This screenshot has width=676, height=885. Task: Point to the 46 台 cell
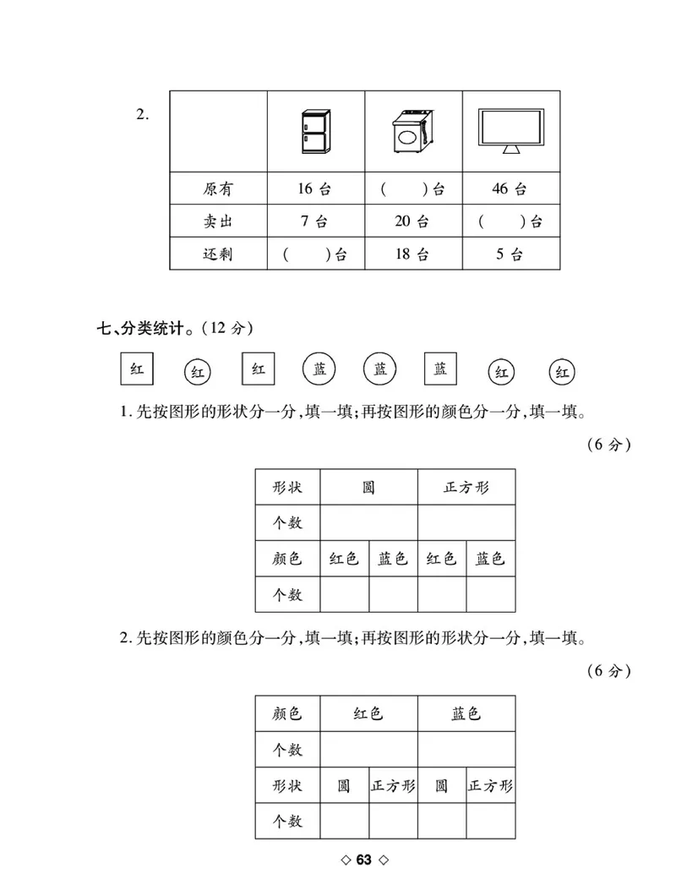click(510, 189)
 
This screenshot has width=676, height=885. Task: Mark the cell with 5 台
click(510, 254)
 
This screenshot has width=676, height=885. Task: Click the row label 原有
click(218, 189)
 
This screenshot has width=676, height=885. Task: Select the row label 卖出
click(218, 222)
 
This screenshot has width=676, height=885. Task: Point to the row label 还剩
click(218, 254)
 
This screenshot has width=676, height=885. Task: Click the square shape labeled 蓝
click(440, 369)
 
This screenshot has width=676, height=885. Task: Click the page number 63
click(364, 860)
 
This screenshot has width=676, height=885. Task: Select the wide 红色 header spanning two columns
click(368, 713)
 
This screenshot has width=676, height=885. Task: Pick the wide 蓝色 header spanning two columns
click(466, 713)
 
